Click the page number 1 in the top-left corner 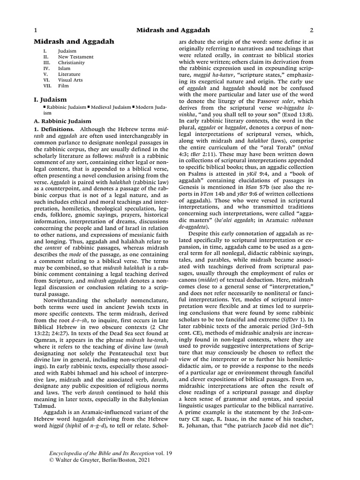(x=36, y=30)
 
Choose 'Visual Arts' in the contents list (x=70, y=80)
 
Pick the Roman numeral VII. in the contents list (x=47, y=86)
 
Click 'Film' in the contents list (x=63, y=86)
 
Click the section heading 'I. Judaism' (x=50, y=100)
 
